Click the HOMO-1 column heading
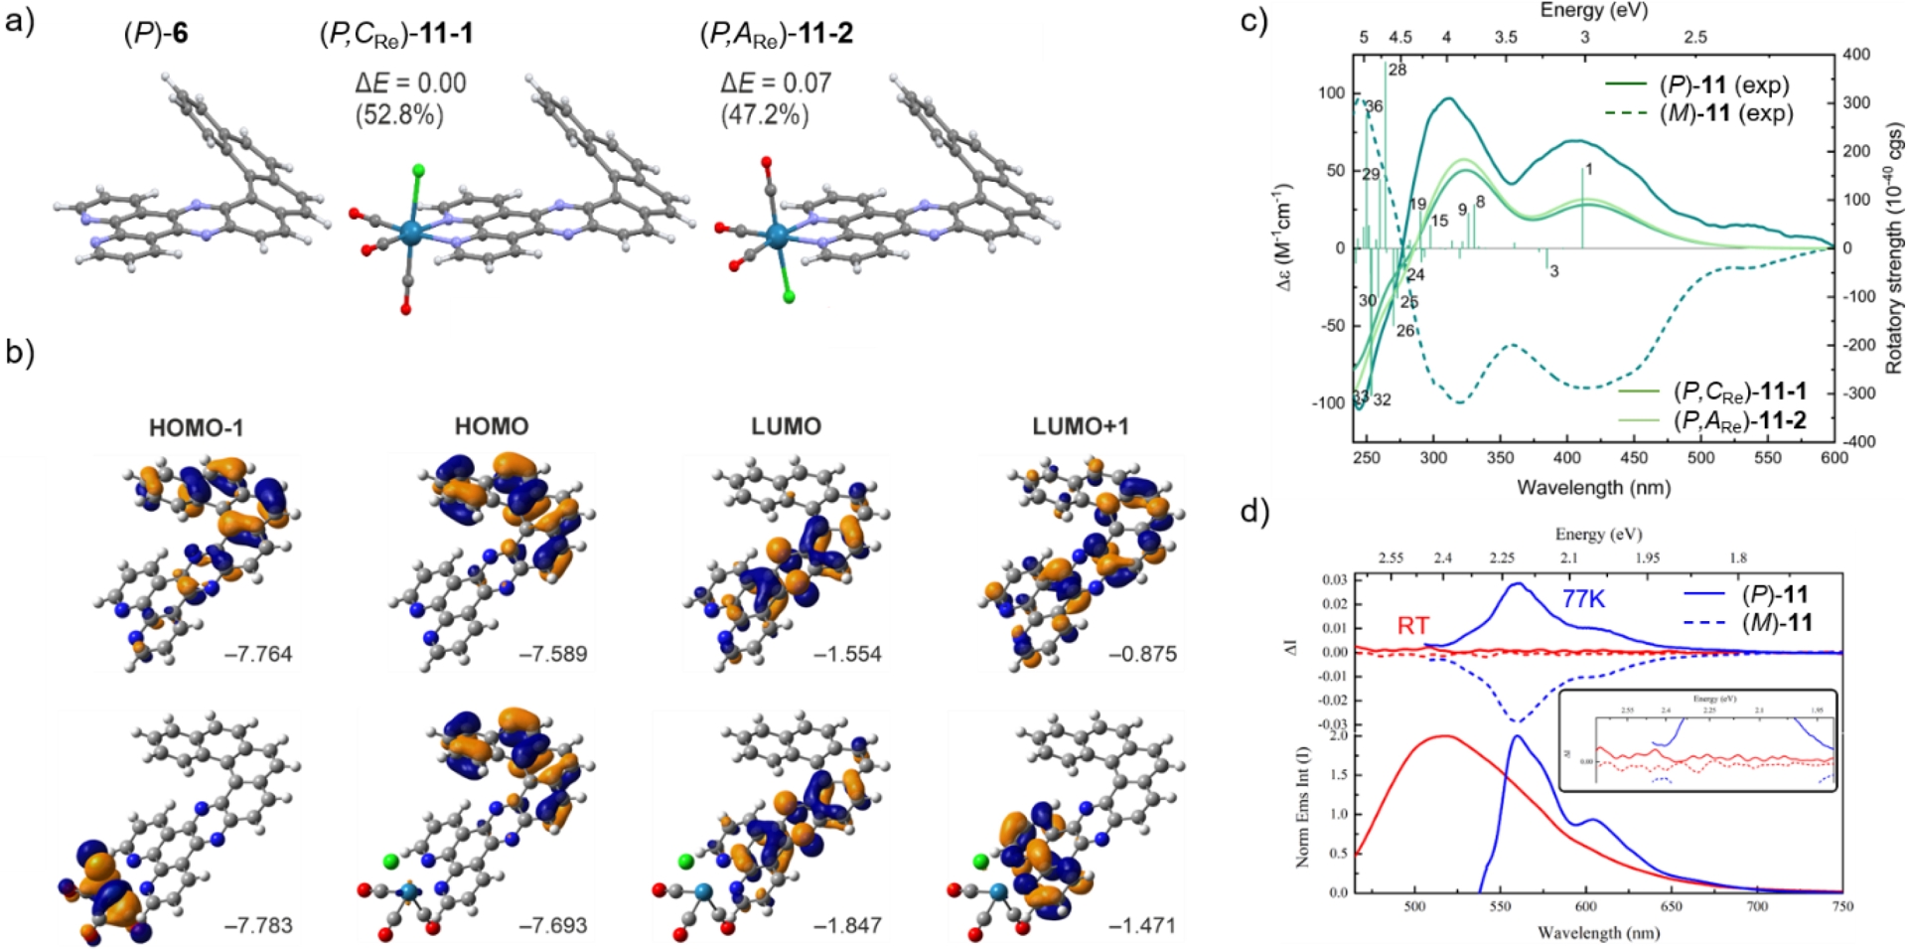click(x=196, y=427)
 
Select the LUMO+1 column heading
click(x=1081, y=426)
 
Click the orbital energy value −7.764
click(x=258, y=654)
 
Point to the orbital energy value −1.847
click(x=847, y=925)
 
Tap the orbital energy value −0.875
click(x=1142, y=654)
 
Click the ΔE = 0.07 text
click(x=776, y=82)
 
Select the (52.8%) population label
click(x=399, y=115)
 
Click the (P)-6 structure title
click(x=156, y=34)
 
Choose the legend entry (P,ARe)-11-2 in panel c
click(x=1739, y=420)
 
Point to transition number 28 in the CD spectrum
click(x=1397, y=70)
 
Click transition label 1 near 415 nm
click(x=1589, y=170)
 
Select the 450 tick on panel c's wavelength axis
click(x=1634, y=458)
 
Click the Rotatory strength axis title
click(x=1894, y=248)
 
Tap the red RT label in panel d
click(x=1413, y=625)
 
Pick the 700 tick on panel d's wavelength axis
click(x=1757, y=907)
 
